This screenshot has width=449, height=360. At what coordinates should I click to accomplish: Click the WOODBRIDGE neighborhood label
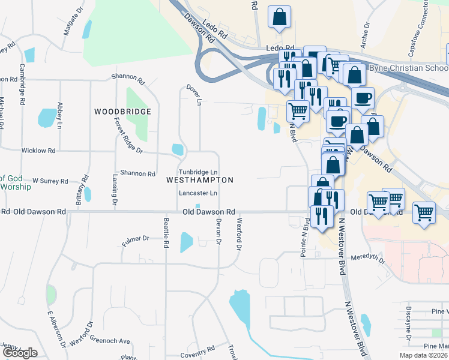(x=122, y=112)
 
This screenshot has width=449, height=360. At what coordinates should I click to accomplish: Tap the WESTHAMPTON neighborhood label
(x=199, y=180)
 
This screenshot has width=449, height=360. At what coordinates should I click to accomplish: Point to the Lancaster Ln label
(x=198, y=193)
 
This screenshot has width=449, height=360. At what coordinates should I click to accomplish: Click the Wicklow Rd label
(x=38, y=151)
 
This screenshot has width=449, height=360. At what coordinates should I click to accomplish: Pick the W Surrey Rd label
(x=50, y=180)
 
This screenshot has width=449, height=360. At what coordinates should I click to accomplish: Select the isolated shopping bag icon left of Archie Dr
(x=280, y=18)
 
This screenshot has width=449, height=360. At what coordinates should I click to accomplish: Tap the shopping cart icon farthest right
(x=424, y=213)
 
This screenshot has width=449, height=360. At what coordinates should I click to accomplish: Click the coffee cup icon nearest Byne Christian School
(x=363, y=98)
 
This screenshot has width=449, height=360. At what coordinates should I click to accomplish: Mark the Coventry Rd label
(x=197, y=350)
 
